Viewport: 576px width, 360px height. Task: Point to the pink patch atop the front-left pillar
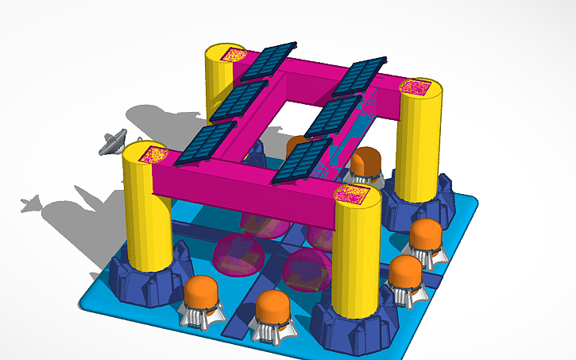[148, 154]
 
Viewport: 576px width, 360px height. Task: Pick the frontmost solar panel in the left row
[207, 144]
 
